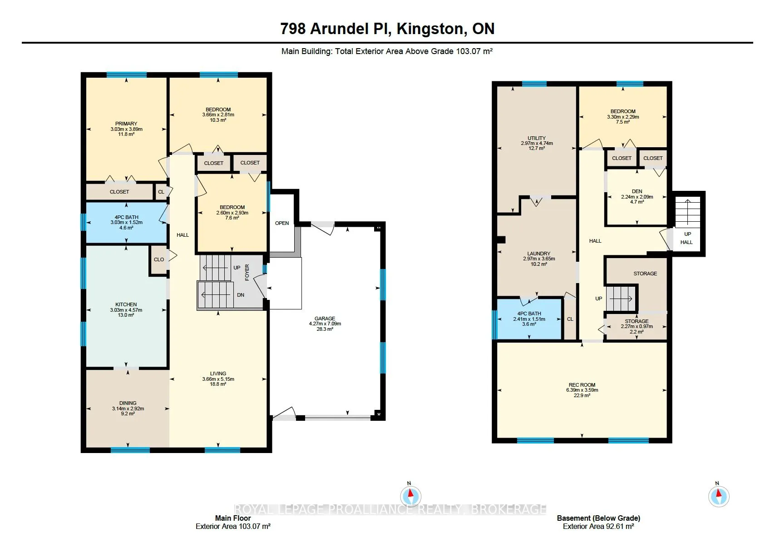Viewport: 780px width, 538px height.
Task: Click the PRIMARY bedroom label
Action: (x=126, y=124)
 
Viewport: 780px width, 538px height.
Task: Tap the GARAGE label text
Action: (x=325, y=319)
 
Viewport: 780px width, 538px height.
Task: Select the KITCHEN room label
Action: (x=126, y=304)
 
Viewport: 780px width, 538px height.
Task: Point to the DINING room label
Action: (x=128, y=403)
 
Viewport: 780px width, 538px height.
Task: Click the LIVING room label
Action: (x=218, y=374)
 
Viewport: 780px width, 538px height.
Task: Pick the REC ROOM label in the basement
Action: (x=582, y=385)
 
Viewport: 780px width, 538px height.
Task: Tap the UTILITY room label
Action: (x=537, y=138)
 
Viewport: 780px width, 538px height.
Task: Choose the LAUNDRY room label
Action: (x=539, y=254)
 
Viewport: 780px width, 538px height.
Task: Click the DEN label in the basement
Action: (x=637, y=191)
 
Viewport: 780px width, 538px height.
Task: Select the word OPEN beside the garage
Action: (x=282, y=223)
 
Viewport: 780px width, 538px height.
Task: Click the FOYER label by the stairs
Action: (x=247, y=272)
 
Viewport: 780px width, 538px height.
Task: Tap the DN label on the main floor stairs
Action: (x=241, y=295)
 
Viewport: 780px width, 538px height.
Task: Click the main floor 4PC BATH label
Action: (x=126, y=217)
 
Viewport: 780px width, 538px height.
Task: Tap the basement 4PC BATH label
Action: (x=529, y=314)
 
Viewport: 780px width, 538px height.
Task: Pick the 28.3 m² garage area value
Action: (x=325, y=329)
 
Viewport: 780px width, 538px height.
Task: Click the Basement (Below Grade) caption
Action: (x=598, y=518)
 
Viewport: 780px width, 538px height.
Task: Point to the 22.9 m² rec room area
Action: (x=582, y=395)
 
